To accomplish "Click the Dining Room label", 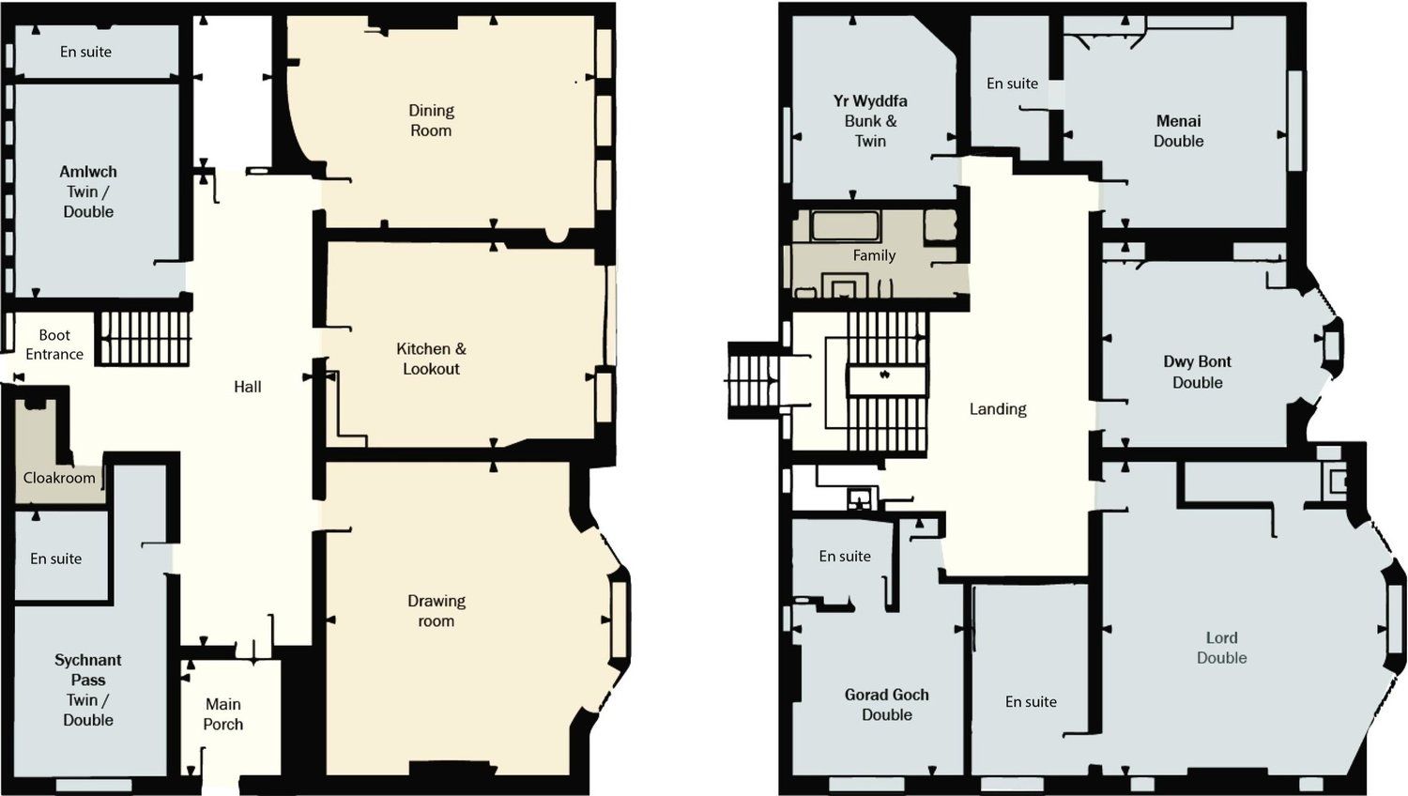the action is pos(431,120).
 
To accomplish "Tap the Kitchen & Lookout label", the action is pos(431,359).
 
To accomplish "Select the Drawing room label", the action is pos(436,610).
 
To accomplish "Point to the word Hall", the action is pos(248,387).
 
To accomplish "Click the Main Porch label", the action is pos(223,713).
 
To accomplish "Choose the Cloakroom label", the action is pos(59,478).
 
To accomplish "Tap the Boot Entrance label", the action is pos(54,344).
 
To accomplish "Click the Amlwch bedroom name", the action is pos(88,172).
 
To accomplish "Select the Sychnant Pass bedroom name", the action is pos(88,669).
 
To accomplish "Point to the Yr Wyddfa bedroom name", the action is pos(870,100).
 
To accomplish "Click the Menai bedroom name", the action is pos(1179,121).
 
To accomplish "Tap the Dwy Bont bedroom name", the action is pos(1198,361).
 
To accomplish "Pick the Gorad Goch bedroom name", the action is pos(887,695).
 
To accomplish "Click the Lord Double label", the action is pos(1222,648).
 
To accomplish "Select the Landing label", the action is pos(998,409).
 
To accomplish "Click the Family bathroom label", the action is pos(874,255).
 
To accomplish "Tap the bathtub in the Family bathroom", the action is pos(844,225).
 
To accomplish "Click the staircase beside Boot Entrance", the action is pos(143,338).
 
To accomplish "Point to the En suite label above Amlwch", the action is pos(86,52).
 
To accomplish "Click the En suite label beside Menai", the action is pos(1013,83).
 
